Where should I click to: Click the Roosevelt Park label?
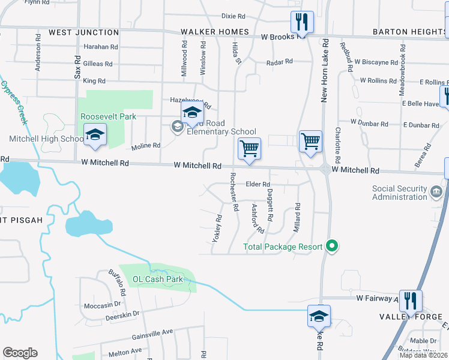click(109, 116)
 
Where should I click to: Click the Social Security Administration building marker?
click(436, 192)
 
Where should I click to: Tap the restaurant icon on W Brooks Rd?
click(300, 23)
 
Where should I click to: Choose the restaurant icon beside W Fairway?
click(411, 300)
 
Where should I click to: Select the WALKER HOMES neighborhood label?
click(214, 32)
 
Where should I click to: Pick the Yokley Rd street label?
click(217, 229)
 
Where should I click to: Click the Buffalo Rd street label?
click(116, 284)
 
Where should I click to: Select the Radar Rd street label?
click(279, 61)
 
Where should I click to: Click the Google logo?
click(20, 353)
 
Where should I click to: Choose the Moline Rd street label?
click(146, 146)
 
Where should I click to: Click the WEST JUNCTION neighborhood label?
click(83, 32)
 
